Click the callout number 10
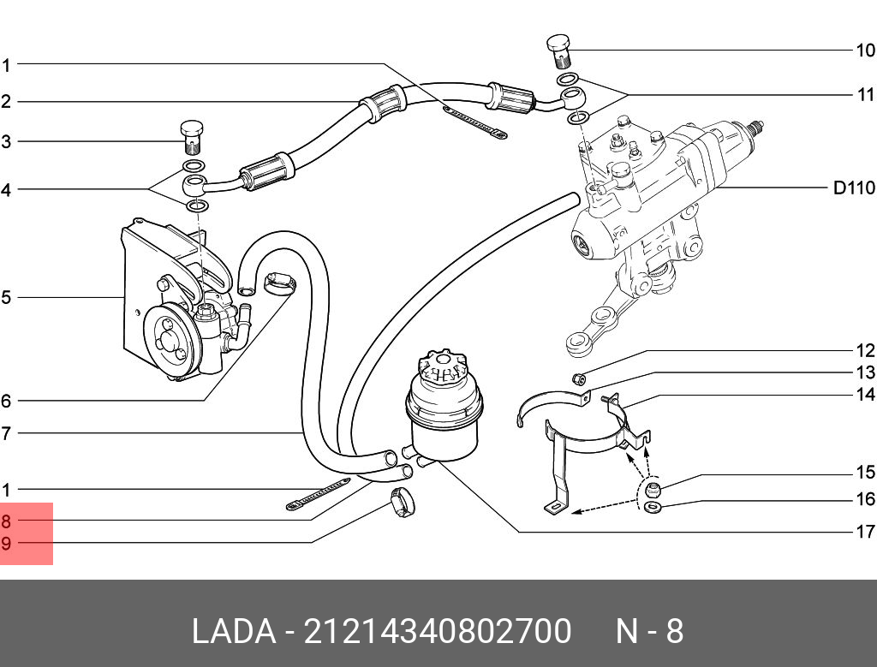pyautogui.click(x=865, y=51)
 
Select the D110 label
pyautogui.click(x=854, y=188)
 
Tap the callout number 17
pyautogui.click(x=865, y=532)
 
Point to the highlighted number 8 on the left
pyautogui.click(x=7, y=521)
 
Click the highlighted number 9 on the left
pyautogui.click(x=7, y=543)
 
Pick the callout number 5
pyautogui.click(x=6, y=298)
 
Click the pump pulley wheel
pyautogui.click(x=170, y=338)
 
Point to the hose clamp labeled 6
pyautogui.click(x=277, y=282)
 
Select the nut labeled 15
pyautogui.click(x=651, y=491)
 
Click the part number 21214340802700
pyautogui.click(x=438, y=632)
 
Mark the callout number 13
pyautogui.click(x=865, y=373)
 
